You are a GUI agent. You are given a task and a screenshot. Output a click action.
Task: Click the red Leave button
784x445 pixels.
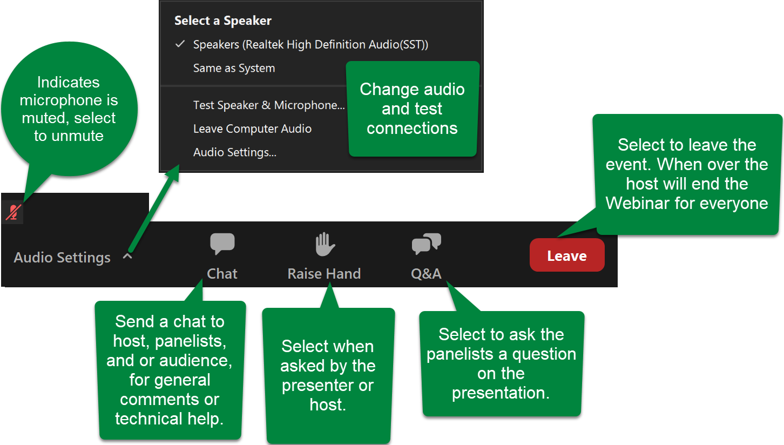click(x=567, y=256)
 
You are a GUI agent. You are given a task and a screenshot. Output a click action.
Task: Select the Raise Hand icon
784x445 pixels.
click(x=325, y=244)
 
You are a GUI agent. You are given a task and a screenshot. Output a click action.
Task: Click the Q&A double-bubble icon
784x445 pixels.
click(x=426, y=244)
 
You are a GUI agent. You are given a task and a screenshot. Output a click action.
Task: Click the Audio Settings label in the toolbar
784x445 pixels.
click(x=62, y=258)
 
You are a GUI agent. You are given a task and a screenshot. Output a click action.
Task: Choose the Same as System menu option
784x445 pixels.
click(x=234, y=68)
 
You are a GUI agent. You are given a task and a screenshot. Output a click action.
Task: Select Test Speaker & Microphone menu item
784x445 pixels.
click(x=268, y=105)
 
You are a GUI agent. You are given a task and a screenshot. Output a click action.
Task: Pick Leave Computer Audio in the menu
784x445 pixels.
click(x=252, y=129)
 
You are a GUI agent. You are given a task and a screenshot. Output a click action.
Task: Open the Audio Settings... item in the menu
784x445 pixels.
click(x=234, y=152)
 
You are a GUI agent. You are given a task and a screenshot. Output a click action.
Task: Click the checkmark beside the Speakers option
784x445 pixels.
click(x=180, y=44)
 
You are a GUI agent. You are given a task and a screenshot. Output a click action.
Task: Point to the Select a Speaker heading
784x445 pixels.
click(x=222, y=21)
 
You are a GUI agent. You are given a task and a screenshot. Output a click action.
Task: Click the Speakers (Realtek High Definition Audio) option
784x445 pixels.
click(x=310, y=44)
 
